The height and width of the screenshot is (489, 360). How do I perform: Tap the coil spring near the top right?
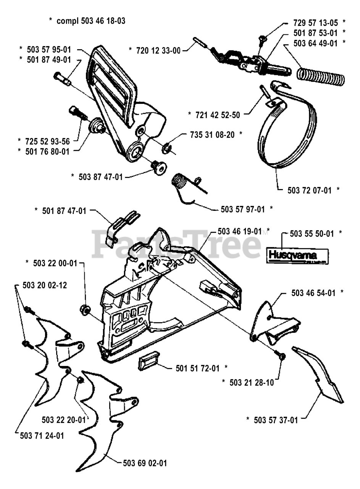[321, 75]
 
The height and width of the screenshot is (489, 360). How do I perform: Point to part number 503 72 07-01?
[309, 190]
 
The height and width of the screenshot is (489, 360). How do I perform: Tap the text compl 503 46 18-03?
[91, 21]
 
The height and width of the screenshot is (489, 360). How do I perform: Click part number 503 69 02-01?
[145, 463]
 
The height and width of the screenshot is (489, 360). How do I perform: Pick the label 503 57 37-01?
[276, 420]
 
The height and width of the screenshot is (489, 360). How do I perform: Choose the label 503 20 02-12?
[44, 285]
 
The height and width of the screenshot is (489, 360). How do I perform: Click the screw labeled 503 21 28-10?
[282, 355]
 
